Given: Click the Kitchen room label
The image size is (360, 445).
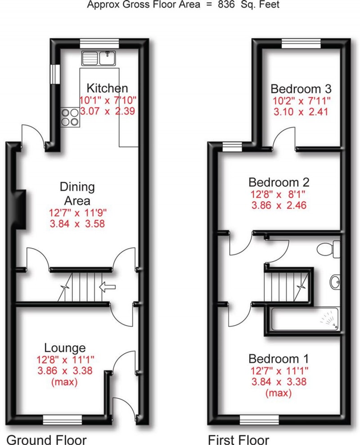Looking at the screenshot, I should (x=107, y=88).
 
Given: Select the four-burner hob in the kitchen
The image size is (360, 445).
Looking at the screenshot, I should (x=70, y=117).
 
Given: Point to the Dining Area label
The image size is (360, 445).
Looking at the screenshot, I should (x=77, y=194).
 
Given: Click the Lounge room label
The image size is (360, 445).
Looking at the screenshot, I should (x=65, y=348).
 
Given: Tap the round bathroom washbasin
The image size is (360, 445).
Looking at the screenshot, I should (x=335, y=282).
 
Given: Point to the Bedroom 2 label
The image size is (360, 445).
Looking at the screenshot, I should (x=279, y=183).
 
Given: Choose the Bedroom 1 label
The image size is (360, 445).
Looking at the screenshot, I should (x=279, y=359).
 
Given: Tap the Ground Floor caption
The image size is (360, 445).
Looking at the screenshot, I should (x=46, y=439).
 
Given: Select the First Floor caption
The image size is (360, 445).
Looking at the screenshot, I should (x=238, y=439).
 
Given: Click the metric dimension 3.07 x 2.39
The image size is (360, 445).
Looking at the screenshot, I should (x=107, y=111).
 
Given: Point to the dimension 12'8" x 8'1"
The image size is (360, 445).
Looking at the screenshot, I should (x=279, y=195).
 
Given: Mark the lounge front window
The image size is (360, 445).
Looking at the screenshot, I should (x=63, y=420).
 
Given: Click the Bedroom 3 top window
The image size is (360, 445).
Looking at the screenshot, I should (x=301, y=43).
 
